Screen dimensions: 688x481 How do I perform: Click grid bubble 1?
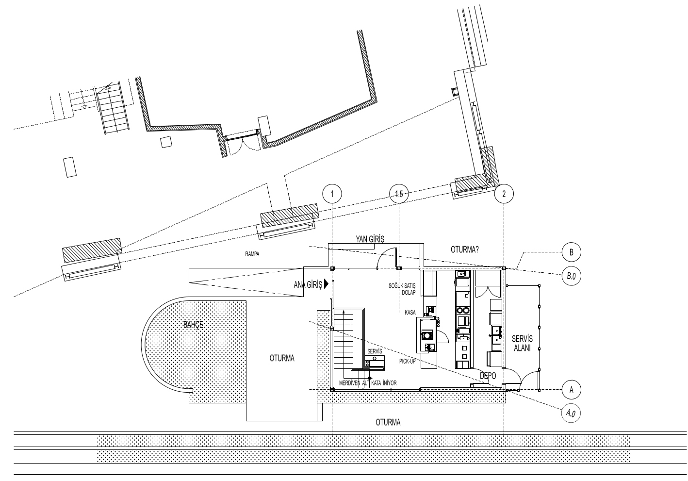click(x=332, y=194)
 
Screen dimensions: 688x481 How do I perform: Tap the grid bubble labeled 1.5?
click(x=399, y=194)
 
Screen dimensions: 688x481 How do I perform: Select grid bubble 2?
click(x=504, y=194)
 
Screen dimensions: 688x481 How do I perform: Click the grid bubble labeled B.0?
click(x=571, y=276)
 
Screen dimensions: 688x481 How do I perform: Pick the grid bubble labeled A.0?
click(x=571, y=414)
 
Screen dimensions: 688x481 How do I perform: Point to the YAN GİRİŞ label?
click(x=370, y=239)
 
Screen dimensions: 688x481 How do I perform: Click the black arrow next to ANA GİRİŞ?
click(x=326, y=284)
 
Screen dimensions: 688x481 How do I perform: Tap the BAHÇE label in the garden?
click(x=193, y=325)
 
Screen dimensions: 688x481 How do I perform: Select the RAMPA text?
click(x=252, y=254)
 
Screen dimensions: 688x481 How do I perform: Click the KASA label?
click(x=410, y=313)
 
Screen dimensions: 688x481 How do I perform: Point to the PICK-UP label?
click(x=407, y=362)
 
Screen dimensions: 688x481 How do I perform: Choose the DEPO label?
click(x=488, y=376)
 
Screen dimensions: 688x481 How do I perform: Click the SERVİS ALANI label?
click(x=522, y=343)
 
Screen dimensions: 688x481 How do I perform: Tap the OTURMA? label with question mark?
click(x=464, y=249)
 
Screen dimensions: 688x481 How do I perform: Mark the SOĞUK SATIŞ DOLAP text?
click(x=402, y=289)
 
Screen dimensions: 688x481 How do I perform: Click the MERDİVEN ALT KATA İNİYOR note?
click(x=368, y=383)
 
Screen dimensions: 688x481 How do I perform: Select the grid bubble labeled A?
click(x=571, y=390)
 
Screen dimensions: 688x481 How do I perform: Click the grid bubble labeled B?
click(x=571, y=252)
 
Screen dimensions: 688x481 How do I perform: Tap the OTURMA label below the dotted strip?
click(x=388, y=422)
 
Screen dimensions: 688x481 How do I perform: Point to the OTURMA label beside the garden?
click(x=282, y=358)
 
